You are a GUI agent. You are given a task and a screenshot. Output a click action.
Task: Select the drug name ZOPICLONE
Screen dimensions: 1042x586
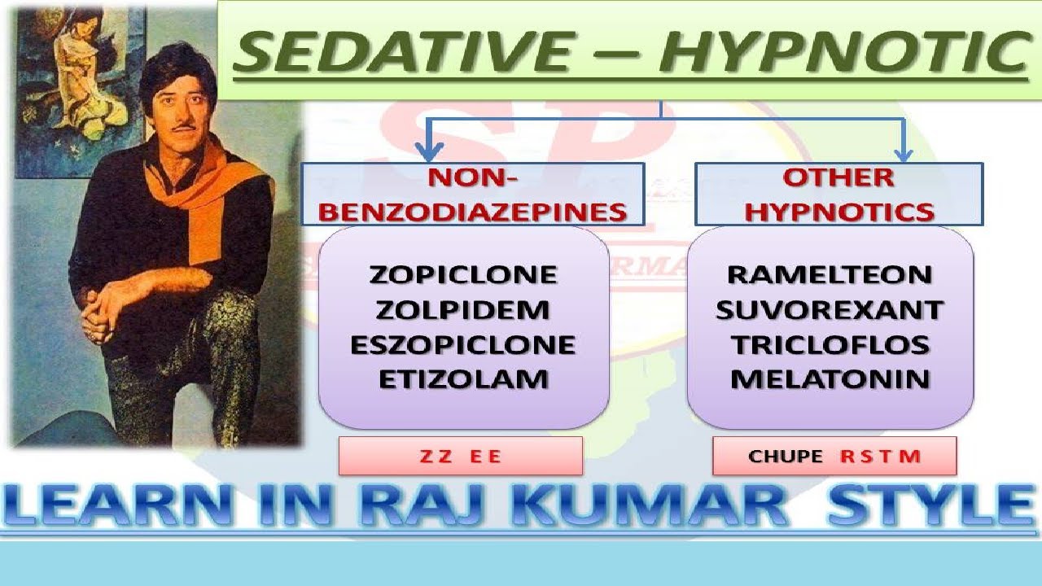(463, 274)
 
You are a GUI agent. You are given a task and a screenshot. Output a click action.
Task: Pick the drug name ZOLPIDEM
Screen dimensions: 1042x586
(462, 310)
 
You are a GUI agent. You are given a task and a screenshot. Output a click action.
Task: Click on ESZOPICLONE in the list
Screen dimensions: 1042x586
(463, 344)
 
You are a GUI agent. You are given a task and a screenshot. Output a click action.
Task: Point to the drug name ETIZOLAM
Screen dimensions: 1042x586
(463, 379)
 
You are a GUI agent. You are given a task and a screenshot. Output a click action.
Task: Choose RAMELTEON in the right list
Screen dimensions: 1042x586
(830, 274)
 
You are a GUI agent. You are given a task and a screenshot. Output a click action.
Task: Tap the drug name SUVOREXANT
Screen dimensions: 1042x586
(830, 310)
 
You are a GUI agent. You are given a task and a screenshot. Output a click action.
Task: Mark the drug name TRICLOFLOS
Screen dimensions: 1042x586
(830, 344)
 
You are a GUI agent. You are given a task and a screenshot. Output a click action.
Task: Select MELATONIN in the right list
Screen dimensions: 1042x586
(830, 379)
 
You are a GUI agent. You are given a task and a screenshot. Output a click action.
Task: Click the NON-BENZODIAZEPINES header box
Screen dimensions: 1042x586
(473, 194)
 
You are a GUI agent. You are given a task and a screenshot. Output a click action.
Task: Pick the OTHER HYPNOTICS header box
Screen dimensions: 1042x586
(839, 194)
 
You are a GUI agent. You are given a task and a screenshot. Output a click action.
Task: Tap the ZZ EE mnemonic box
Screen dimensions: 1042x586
(461, 456)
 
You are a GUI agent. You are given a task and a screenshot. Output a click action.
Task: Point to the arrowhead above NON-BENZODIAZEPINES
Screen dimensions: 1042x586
(428, 153)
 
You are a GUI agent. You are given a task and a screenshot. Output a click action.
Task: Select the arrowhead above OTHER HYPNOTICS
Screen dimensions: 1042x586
(904, 155)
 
